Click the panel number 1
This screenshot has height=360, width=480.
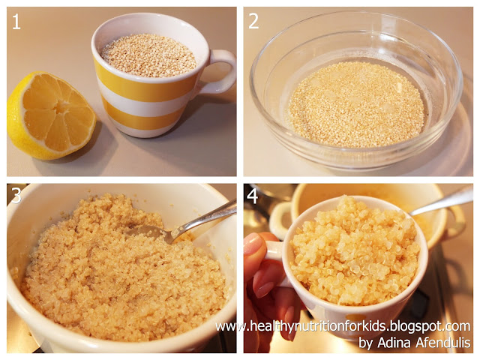[x=16, y=22]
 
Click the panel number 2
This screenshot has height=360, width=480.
[x=253, y=22]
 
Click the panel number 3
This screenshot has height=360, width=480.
[x=16, y=195]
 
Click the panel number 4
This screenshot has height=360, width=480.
[x=252, y=196]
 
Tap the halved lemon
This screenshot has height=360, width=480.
[x=51, y=115]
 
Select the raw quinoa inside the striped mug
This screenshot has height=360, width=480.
[x=149, y=55]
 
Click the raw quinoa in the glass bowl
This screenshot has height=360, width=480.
[x=356, y=105]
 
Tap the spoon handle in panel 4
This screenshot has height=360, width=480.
[x=441, y=200]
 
